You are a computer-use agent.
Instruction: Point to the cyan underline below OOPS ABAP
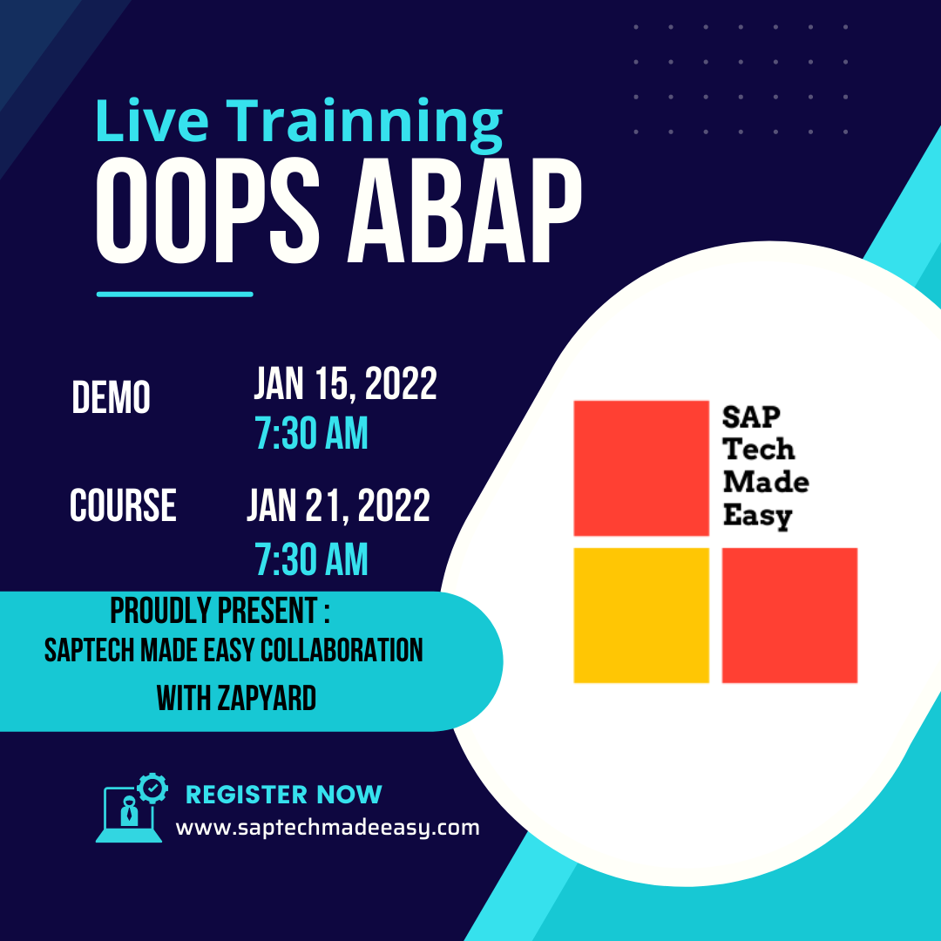tap(174, 294)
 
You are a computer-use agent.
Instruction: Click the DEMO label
tap(111, 398)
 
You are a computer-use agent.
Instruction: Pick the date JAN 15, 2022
tap(345, 384)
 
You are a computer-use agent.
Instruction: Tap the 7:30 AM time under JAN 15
tap(311, 433)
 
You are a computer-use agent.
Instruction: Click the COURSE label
tap(123, 505)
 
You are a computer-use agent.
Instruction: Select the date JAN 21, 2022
tap(338, 505)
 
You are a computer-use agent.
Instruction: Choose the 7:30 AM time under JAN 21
tap(311, 559)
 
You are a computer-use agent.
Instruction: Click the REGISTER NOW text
tap(284, 794)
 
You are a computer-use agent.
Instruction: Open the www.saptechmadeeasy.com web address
tap(328, 828)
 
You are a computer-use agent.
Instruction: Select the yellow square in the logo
tap(641, 615)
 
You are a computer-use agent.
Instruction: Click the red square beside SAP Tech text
tap(641, 468)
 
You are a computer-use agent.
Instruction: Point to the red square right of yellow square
tap(789, 615)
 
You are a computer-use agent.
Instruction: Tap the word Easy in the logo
tap(756, 516)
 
